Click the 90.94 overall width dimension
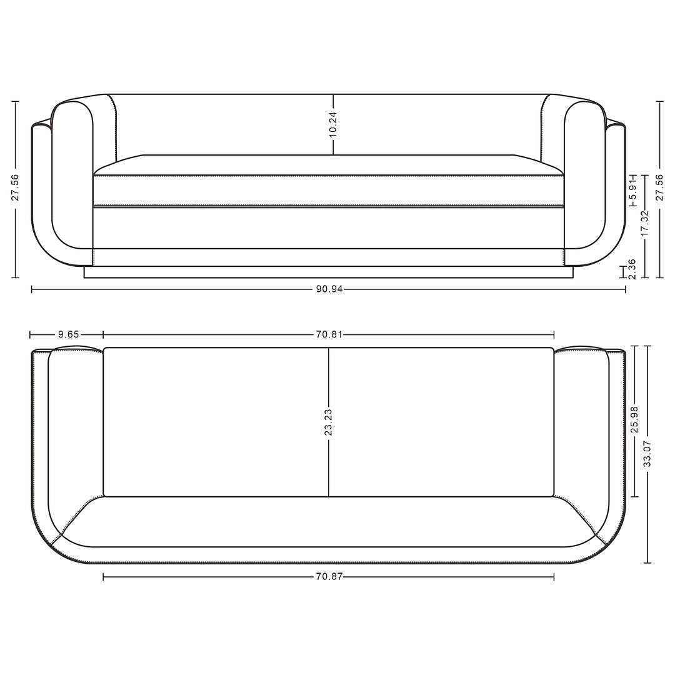point(329,289)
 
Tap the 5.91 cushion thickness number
point(632,191)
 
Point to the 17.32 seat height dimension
point(644,223)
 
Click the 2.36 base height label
point(632,269)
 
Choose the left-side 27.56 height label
point(16,187)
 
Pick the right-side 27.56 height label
point(659,187)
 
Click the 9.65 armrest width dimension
point(68,334)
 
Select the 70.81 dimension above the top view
point(329,334)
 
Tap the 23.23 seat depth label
point(329,422)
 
